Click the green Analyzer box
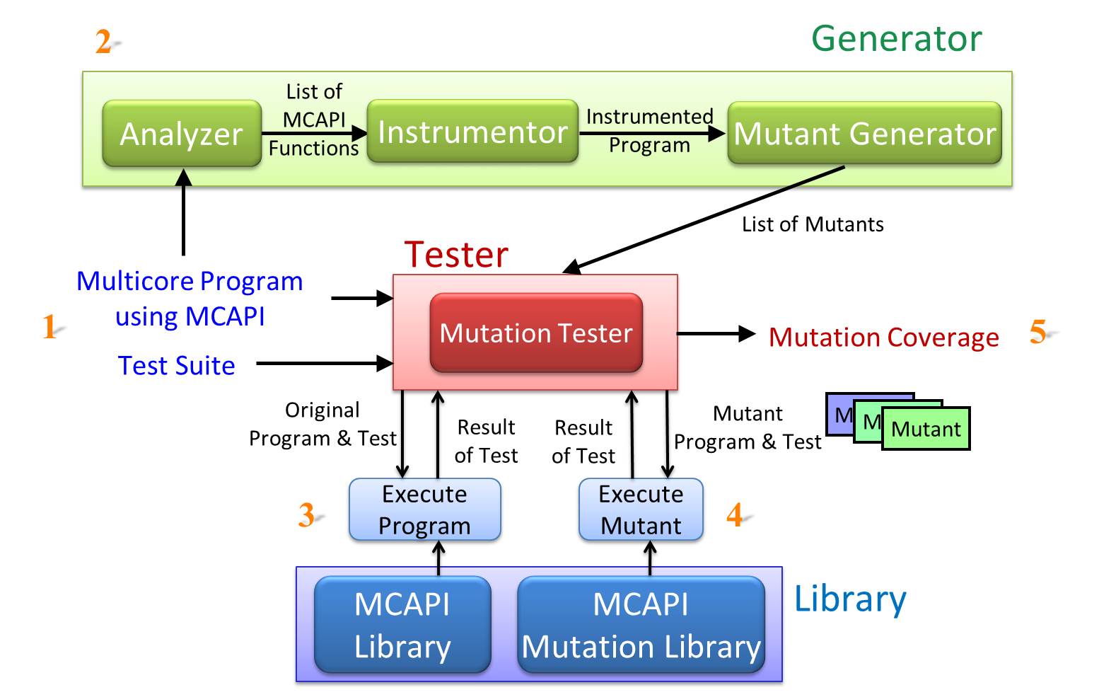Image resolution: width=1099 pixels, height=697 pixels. [x=182, y=133]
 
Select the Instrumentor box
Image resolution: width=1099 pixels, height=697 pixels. [x=472, y=131]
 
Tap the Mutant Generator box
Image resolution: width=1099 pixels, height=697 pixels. [x=864, y=133]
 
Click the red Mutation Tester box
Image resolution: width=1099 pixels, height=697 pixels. [x=536, y=333]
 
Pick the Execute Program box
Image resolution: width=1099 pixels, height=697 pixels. [x=425, y=509]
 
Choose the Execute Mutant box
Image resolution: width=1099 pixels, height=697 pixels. [x=641, y=509]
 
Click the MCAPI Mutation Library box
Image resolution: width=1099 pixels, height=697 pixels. [x=641, y=624]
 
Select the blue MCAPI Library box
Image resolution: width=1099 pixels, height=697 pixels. [x=402, y=624]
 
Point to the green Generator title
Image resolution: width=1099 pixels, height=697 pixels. [x=897, y=38]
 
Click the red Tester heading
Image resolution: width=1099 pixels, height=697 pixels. [x=456, y=255]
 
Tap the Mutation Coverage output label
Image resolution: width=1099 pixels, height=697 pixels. [x=883, y=338]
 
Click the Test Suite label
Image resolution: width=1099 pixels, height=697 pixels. [x=177, y=366]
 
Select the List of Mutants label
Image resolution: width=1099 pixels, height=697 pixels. [x=813, y=224]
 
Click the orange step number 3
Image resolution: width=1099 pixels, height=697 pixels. [x=307, y=515]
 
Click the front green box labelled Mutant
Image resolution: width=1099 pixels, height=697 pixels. [x=926, y=429]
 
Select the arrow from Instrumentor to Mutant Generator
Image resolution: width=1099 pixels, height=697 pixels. [x=653, y=133]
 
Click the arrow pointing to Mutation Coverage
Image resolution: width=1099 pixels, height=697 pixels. [x=716, y=334]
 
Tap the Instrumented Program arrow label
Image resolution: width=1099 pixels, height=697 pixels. [x=650, y=131]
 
